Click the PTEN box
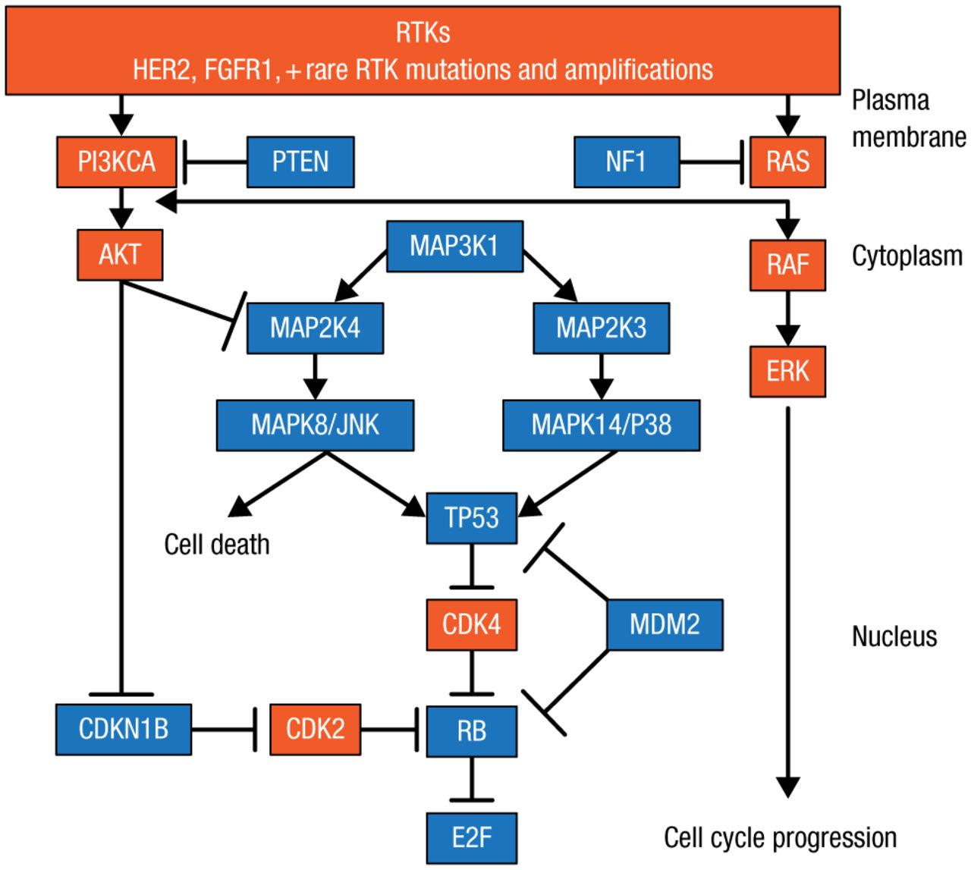pyautogui.click(x=300, y=162)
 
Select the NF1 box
pyautogui.click(x=627, y=162)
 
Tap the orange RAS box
pyautogui.click(x=787, y=162)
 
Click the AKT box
pyautogui.click(x=120, y=255)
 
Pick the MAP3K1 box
pyautogui.click(x=454, y=246)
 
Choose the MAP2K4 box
pyautogui.click(x=315, y=328)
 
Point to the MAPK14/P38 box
pyautogui.click(x=601, y=425)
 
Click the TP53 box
pyautogui.click(x=472, y=518)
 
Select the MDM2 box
pyautogui.click(x=665, y=624)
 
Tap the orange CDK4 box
pyautogui.click(x=472, y=624)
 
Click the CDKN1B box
pyautogui.click(x=124, y=729)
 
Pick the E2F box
pyautogui.click(x=472, y=837)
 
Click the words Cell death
pyautogui.click(x=217, y=545)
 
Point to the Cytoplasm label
pyautogui.click(x=907, y=256)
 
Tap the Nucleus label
pyautogui.click(x=894, y=636)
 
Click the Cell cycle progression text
pyautogui.click(x=780, y=838)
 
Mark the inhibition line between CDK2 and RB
pyautogui.click(x=389, y=730)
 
